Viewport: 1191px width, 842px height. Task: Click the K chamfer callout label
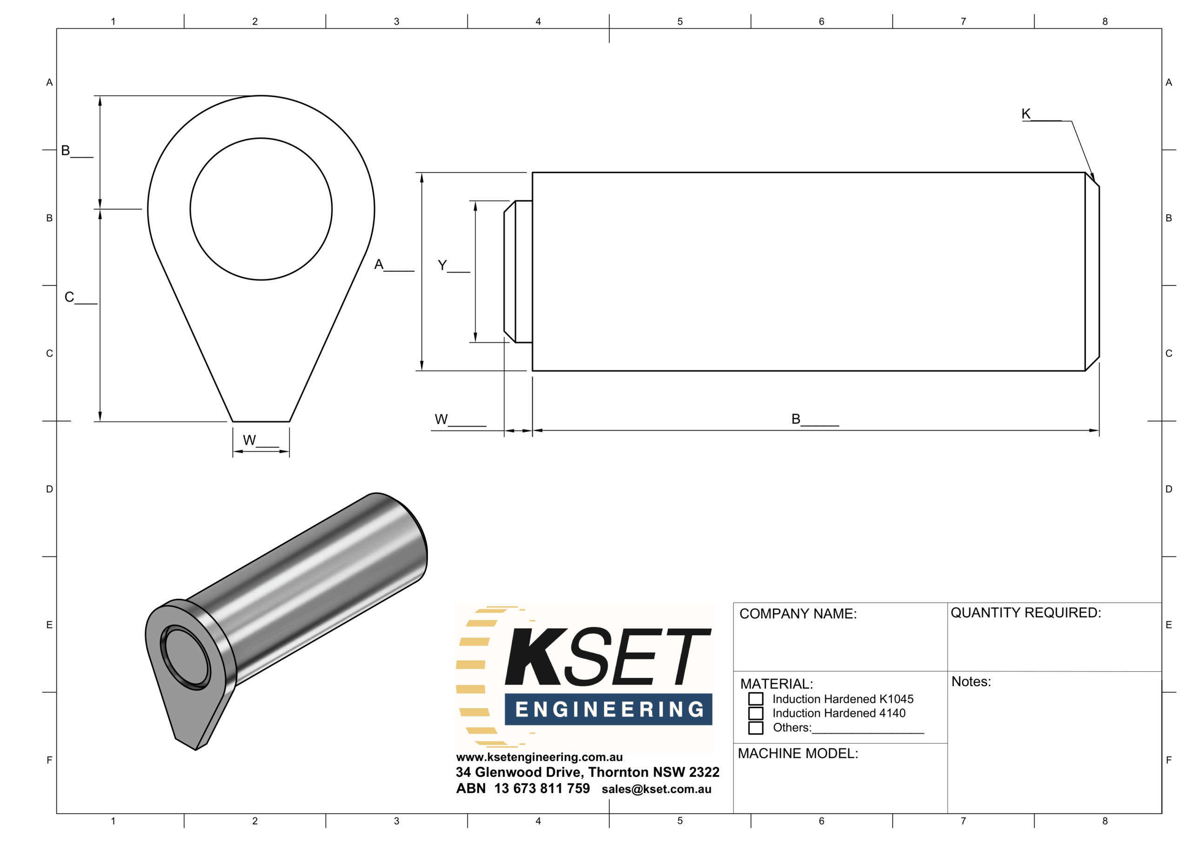(1025, 114)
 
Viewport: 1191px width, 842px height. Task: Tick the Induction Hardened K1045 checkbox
(756, 699)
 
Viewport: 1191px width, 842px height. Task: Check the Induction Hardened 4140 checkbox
(756, 713)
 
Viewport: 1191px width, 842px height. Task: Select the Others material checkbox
(756, 728)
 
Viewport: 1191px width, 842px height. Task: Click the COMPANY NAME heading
(798, 614)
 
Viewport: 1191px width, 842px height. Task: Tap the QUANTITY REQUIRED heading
(1025, 613)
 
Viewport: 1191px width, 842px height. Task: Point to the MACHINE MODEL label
(798, 753)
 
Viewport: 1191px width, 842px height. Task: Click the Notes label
(971, 682)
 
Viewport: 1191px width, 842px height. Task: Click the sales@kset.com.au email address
(656, 789)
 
